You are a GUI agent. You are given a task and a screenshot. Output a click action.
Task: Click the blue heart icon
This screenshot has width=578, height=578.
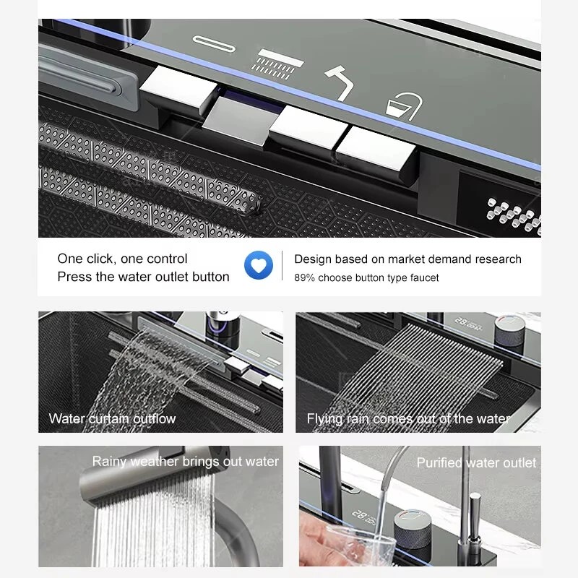[x=259, y=265]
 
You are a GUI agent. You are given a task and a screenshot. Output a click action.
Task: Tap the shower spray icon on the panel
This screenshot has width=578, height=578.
[x=279, y=64]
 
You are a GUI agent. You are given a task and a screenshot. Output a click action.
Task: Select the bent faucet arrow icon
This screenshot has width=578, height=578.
[x=339, y=83]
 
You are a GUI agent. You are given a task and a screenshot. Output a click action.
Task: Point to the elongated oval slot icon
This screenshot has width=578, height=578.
[x=214, y=44]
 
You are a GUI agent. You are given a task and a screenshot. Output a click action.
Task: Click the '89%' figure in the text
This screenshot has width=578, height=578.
[x=304, y=277]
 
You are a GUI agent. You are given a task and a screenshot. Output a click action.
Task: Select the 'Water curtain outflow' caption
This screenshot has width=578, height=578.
[x=112, y=418]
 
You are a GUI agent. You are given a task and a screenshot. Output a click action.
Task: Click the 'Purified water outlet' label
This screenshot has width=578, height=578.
[x=476, y=462]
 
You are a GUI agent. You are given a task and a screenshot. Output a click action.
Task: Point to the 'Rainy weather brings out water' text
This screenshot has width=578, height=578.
[x=186, y=462]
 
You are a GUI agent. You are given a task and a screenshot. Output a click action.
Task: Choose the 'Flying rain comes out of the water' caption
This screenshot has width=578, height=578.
[x=408, y=419]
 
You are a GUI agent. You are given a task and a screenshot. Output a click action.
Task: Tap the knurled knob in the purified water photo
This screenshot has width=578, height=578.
[x=413, y=528]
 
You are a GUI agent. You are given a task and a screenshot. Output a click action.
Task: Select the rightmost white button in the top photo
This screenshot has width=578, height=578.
[x=376, y=148]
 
